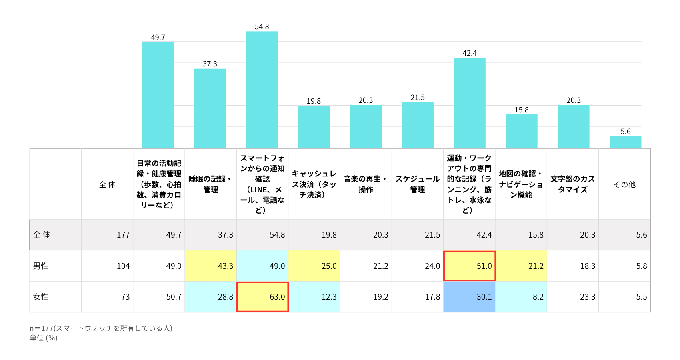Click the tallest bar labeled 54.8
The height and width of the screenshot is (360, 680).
(262, 90)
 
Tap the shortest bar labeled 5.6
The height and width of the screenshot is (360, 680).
(625, 142)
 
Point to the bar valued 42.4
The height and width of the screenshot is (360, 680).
(470, 103)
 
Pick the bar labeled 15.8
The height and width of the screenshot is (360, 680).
(522, 131)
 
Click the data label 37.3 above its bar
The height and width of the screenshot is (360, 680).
(210, 64)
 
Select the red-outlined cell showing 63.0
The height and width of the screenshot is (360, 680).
(262, 297)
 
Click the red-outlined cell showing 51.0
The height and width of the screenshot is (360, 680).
(469, 266)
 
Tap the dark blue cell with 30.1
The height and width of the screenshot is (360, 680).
(469, 297)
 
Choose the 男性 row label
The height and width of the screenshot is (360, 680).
(41, 266)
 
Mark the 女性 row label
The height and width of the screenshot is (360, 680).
(41, 297)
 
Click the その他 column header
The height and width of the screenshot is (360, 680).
(624, 184)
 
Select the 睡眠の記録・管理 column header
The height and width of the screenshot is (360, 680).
(210, 184)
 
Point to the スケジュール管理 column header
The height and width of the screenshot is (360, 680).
(418, 184)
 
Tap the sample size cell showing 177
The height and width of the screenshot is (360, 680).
(123, 235)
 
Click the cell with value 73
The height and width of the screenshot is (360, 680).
(125, 297)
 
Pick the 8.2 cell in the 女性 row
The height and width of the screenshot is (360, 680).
(538, 297)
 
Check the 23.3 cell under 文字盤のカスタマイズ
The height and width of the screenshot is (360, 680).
(588, 297)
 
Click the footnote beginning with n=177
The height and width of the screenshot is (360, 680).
(101, 328)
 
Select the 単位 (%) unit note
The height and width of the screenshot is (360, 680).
(44, 338)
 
